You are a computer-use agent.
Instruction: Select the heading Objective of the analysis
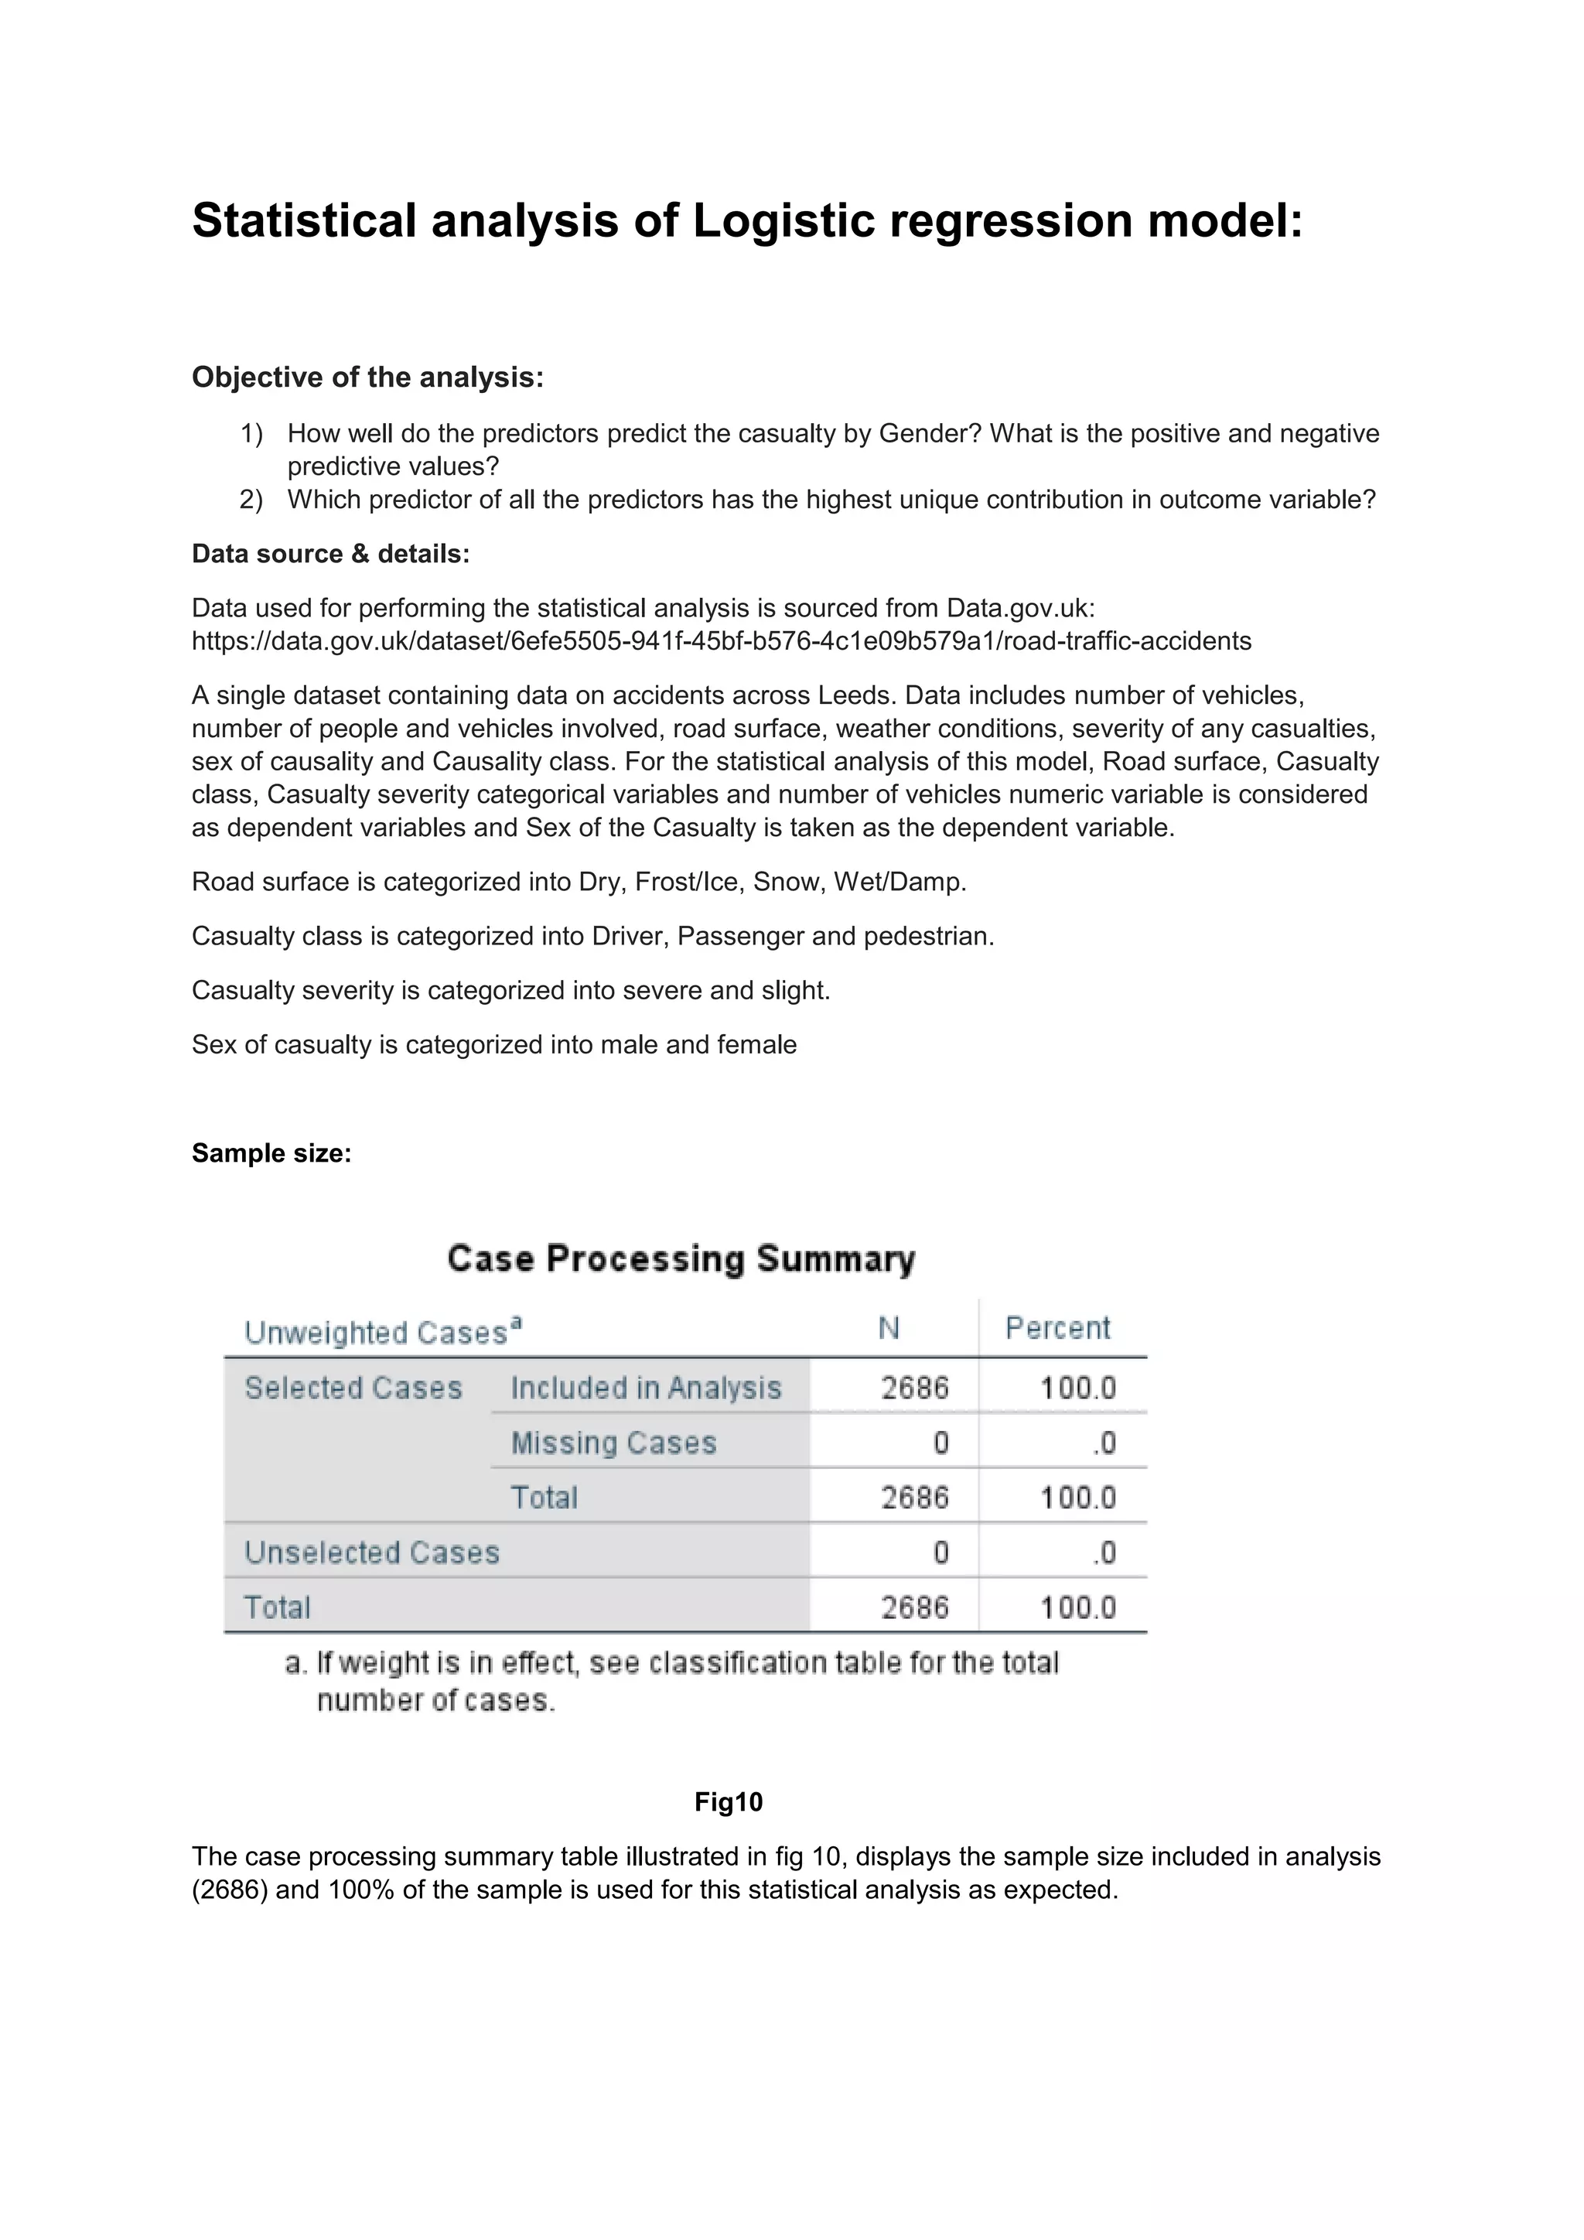[367, 377]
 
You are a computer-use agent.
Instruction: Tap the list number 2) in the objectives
[251, 500]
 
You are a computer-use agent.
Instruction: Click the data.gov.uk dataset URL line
[721, 641]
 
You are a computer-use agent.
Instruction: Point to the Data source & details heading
[331, 554]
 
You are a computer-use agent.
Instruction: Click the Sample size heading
[271, 1153]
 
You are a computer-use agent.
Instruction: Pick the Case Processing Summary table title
[681, 1258]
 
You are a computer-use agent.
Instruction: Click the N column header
[889, 1328]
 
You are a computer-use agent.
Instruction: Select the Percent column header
[1057, 1328]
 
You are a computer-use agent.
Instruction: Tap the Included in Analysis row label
[646, 1388]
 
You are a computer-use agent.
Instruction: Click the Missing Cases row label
[613, 1443]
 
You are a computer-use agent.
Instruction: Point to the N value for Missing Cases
[940, 1443]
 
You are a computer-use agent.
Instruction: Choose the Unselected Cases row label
[371, 1552]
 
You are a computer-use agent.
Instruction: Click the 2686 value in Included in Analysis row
[914, 1388]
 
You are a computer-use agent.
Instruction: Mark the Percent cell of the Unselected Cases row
[1104, 1552]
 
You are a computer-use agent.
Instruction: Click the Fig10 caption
[729, 1802]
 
